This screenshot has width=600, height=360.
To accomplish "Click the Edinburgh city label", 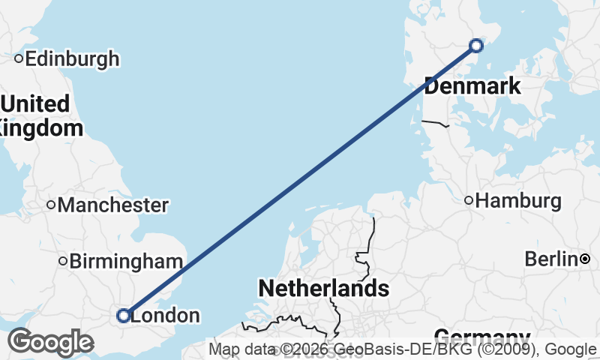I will coord(72,58).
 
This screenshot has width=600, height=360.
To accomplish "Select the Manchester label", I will coord(113,205).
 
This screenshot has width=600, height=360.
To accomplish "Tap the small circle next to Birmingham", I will coord(64,261).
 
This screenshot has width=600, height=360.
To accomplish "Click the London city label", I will coord(165,316).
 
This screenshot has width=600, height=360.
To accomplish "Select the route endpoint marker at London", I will coord(124,316).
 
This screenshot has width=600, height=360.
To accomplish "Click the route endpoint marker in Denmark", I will coord(476,46).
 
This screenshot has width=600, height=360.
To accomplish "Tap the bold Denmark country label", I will coord(472,86).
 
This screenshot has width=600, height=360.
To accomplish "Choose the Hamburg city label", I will coord(518,201).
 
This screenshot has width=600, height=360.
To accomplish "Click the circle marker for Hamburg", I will coord(469,200).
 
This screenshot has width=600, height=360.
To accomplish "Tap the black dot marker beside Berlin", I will coord(585,259).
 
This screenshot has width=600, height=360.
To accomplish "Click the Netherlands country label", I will coord(323,288).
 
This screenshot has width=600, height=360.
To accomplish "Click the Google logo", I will coord(50,342).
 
